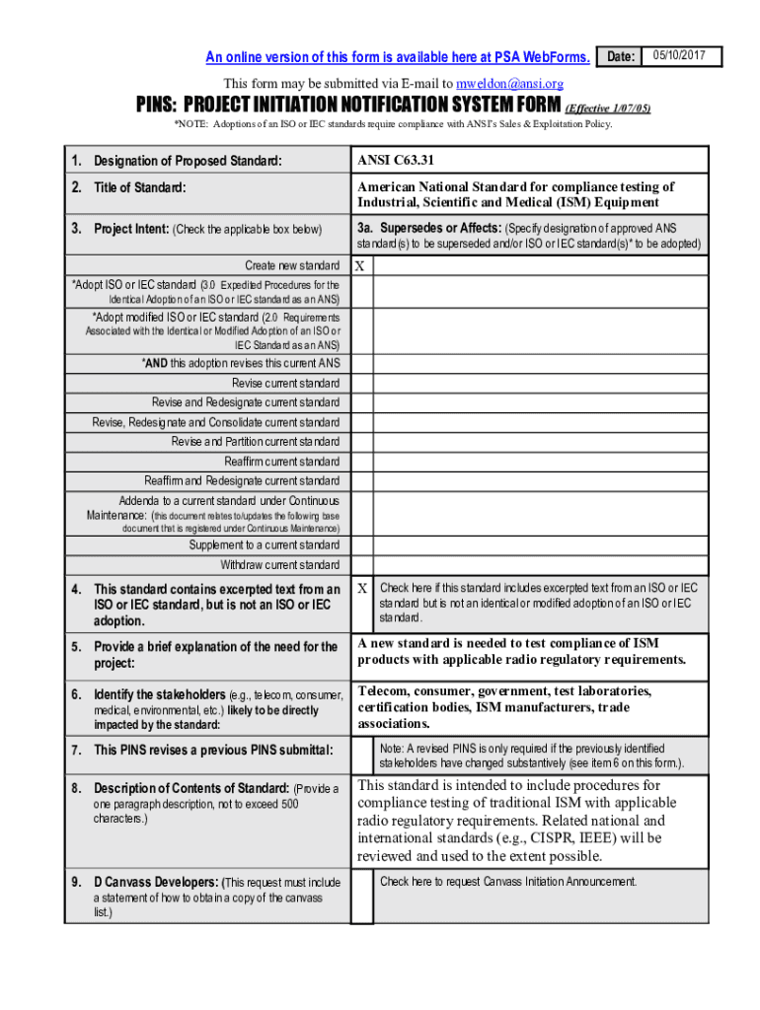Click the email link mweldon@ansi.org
coord(509,84)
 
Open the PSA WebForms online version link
coord(397,57)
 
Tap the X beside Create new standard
coord(360,266)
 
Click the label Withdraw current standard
coord(279,565)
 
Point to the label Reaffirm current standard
coord(281,462)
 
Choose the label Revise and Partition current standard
coord(255,442)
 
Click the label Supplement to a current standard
coord(264,545)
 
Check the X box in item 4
coord(362,588)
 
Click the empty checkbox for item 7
coord(362,757)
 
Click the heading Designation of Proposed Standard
coord(188,161)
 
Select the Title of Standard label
coord(140,187)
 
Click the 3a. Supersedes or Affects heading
coord(429,229)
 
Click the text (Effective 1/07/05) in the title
coord(607,108)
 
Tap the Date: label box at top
coord(620,56)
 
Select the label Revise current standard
coord(285,383)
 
